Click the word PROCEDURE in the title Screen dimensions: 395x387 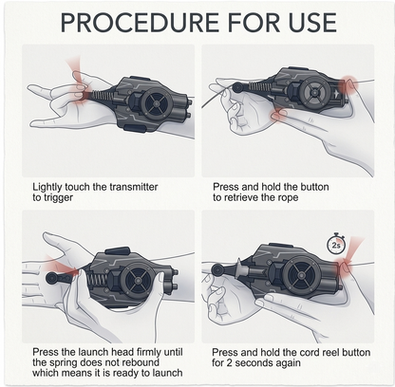pos(140,23)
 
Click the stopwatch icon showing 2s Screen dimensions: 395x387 pos(336,244)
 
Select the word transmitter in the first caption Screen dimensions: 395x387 pos(134,187)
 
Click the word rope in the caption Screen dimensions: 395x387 pos(287,198)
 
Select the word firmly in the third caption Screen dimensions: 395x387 pos(150,352)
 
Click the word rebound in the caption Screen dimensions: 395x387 pos(141,362)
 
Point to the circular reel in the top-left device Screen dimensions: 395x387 pos(157,103)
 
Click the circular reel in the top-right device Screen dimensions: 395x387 pos(315,92)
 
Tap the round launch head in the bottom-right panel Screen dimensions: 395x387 pos(217,270)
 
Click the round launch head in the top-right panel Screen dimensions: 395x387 pos(237,87)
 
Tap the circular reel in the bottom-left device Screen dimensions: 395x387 pos(138,280)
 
